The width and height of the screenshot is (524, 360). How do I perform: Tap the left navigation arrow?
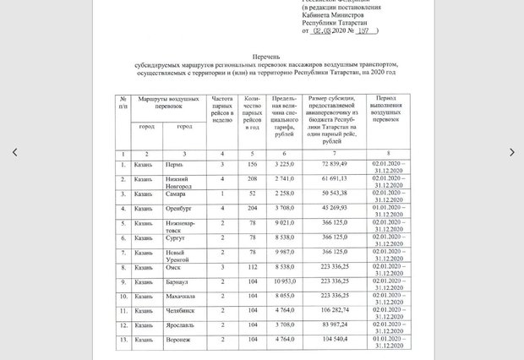(14, 152)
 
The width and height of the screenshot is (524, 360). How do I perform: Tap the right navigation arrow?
(510, 152)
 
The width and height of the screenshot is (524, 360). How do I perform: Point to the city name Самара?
(176, 194)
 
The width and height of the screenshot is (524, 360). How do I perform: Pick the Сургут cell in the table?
(176, 238)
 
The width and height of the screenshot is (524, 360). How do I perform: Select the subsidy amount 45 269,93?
(335, 206)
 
